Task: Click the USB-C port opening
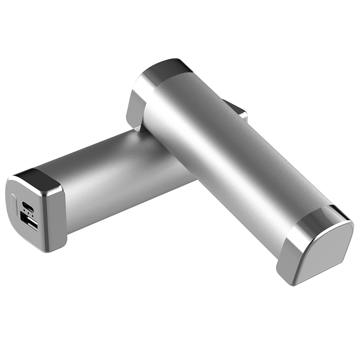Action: click(28, 206)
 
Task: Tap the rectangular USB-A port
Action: click(30, 220)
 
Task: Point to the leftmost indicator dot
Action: click(24, 212)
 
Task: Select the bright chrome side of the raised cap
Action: click(139, 101)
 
